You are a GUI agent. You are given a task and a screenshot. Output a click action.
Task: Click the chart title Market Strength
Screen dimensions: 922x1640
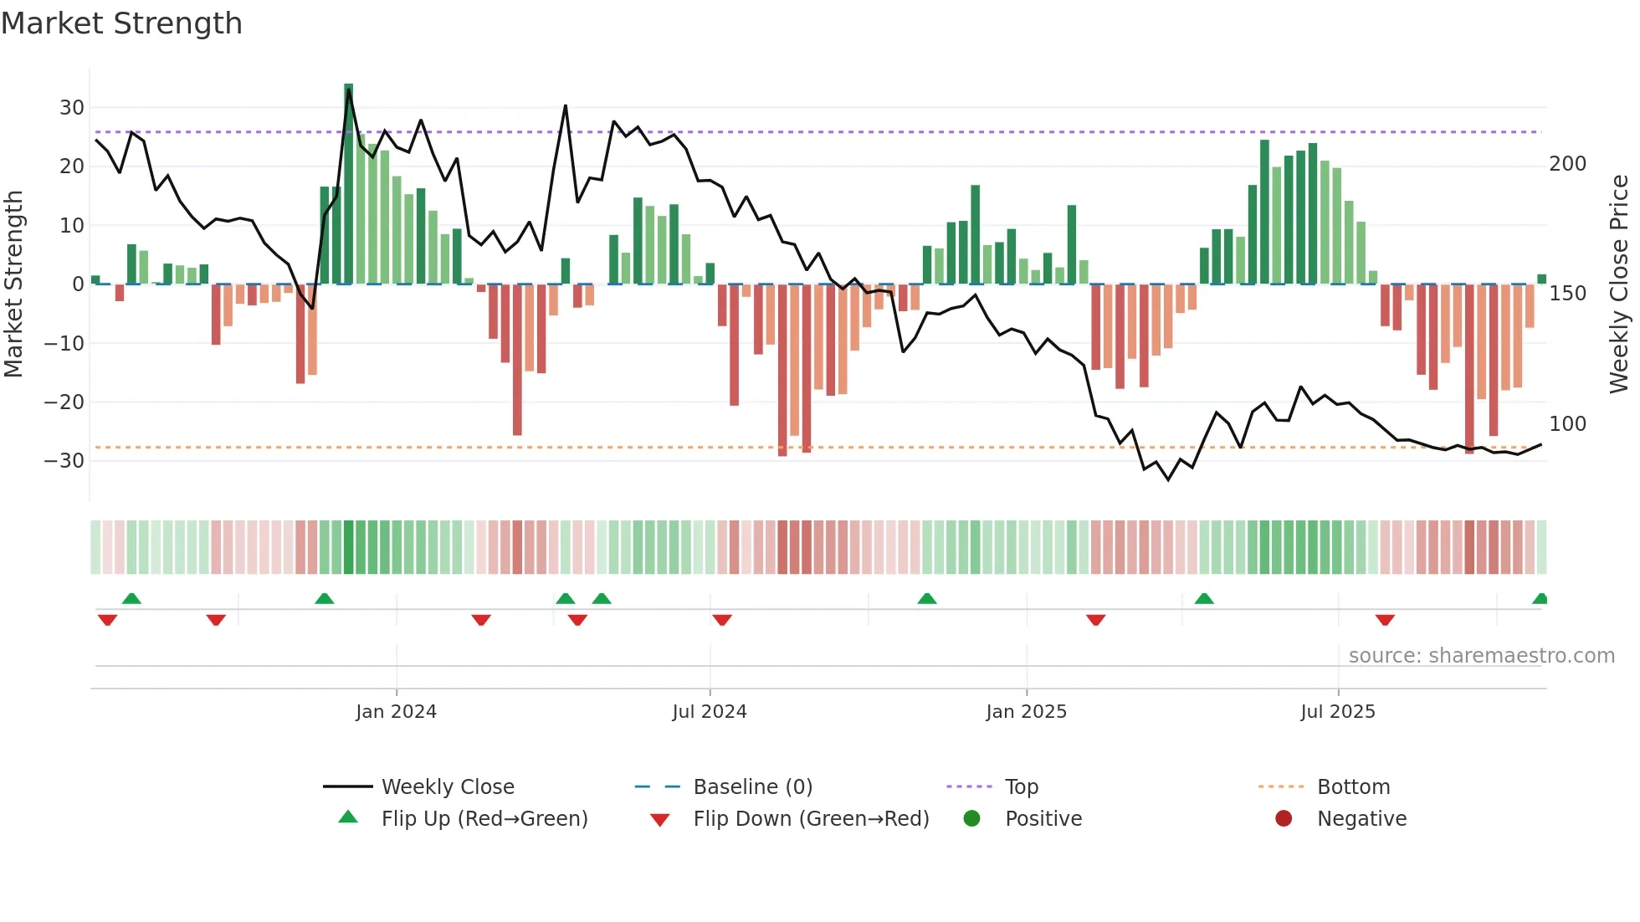pyautogui.click(x=121, y=23)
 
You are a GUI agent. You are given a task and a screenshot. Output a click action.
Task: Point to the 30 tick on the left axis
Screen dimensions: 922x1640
pyautogui.click(x=72, y=108)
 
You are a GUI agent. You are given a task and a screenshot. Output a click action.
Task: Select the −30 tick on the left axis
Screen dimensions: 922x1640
pyautogui.click(x=64, y=461)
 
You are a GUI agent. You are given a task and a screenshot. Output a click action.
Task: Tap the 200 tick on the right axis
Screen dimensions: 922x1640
pyautogui.click(x=1567, y=164)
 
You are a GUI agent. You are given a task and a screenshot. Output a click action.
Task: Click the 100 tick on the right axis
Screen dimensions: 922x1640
pyautogui.click(x=1567, y=424)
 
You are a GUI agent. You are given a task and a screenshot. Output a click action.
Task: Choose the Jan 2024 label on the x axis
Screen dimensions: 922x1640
pyautogui.click(x=396, y=712)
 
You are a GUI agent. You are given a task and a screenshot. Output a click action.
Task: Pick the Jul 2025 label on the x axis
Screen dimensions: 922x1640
pyautogui.click(x=1337, y=712)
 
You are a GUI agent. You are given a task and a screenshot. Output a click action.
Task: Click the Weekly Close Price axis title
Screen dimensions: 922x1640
pyautogui.click(x=1619, y=284)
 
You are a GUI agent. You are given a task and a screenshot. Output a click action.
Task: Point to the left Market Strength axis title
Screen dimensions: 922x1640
pyautogui.click(x=14, y=284)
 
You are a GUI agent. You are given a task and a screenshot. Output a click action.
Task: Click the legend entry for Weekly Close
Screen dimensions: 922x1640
pyautogui.click(x=448, y=787)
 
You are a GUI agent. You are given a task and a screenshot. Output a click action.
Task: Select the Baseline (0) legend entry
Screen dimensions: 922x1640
pyautogui.click(x=752, y=787)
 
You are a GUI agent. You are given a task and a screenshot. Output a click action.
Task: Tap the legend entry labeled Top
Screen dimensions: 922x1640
pyautogui.click(x=1021, y=787)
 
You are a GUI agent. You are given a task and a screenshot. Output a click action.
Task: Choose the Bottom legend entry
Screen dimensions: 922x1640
pyautogui.click(x=1353, y=787)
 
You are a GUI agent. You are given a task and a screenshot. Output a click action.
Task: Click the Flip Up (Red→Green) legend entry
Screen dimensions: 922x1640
pyautogui.click(x=484, y=819)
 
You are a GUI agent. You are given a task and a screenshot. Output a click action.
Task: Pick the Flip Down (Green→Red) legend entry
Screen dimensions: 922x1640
pyautogui.click(x=810, y=819)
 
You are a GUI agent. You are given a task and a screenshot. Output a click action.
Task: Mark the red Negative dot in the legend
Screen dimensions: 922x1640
pyautogui.click(x=1284, y=818)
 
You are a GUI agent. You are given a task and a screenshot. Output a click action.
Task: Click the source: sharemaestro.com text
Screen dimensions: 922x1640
pyautogui.click(x=1481, y=656)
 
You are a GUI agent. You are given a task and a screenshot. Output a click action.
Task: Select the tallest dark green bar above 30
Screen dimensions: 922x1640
pyautogui.click(x=349, y=184)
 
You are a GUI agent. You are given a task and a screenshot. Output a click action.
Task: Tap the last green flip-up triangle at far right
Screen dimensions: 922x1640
pyautogui.click(x=1540, y=599)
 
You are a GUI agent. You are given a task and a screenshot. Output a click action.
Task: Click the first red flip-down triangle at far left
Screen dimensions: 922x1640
pyautogui.click(x=107, y=620)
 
